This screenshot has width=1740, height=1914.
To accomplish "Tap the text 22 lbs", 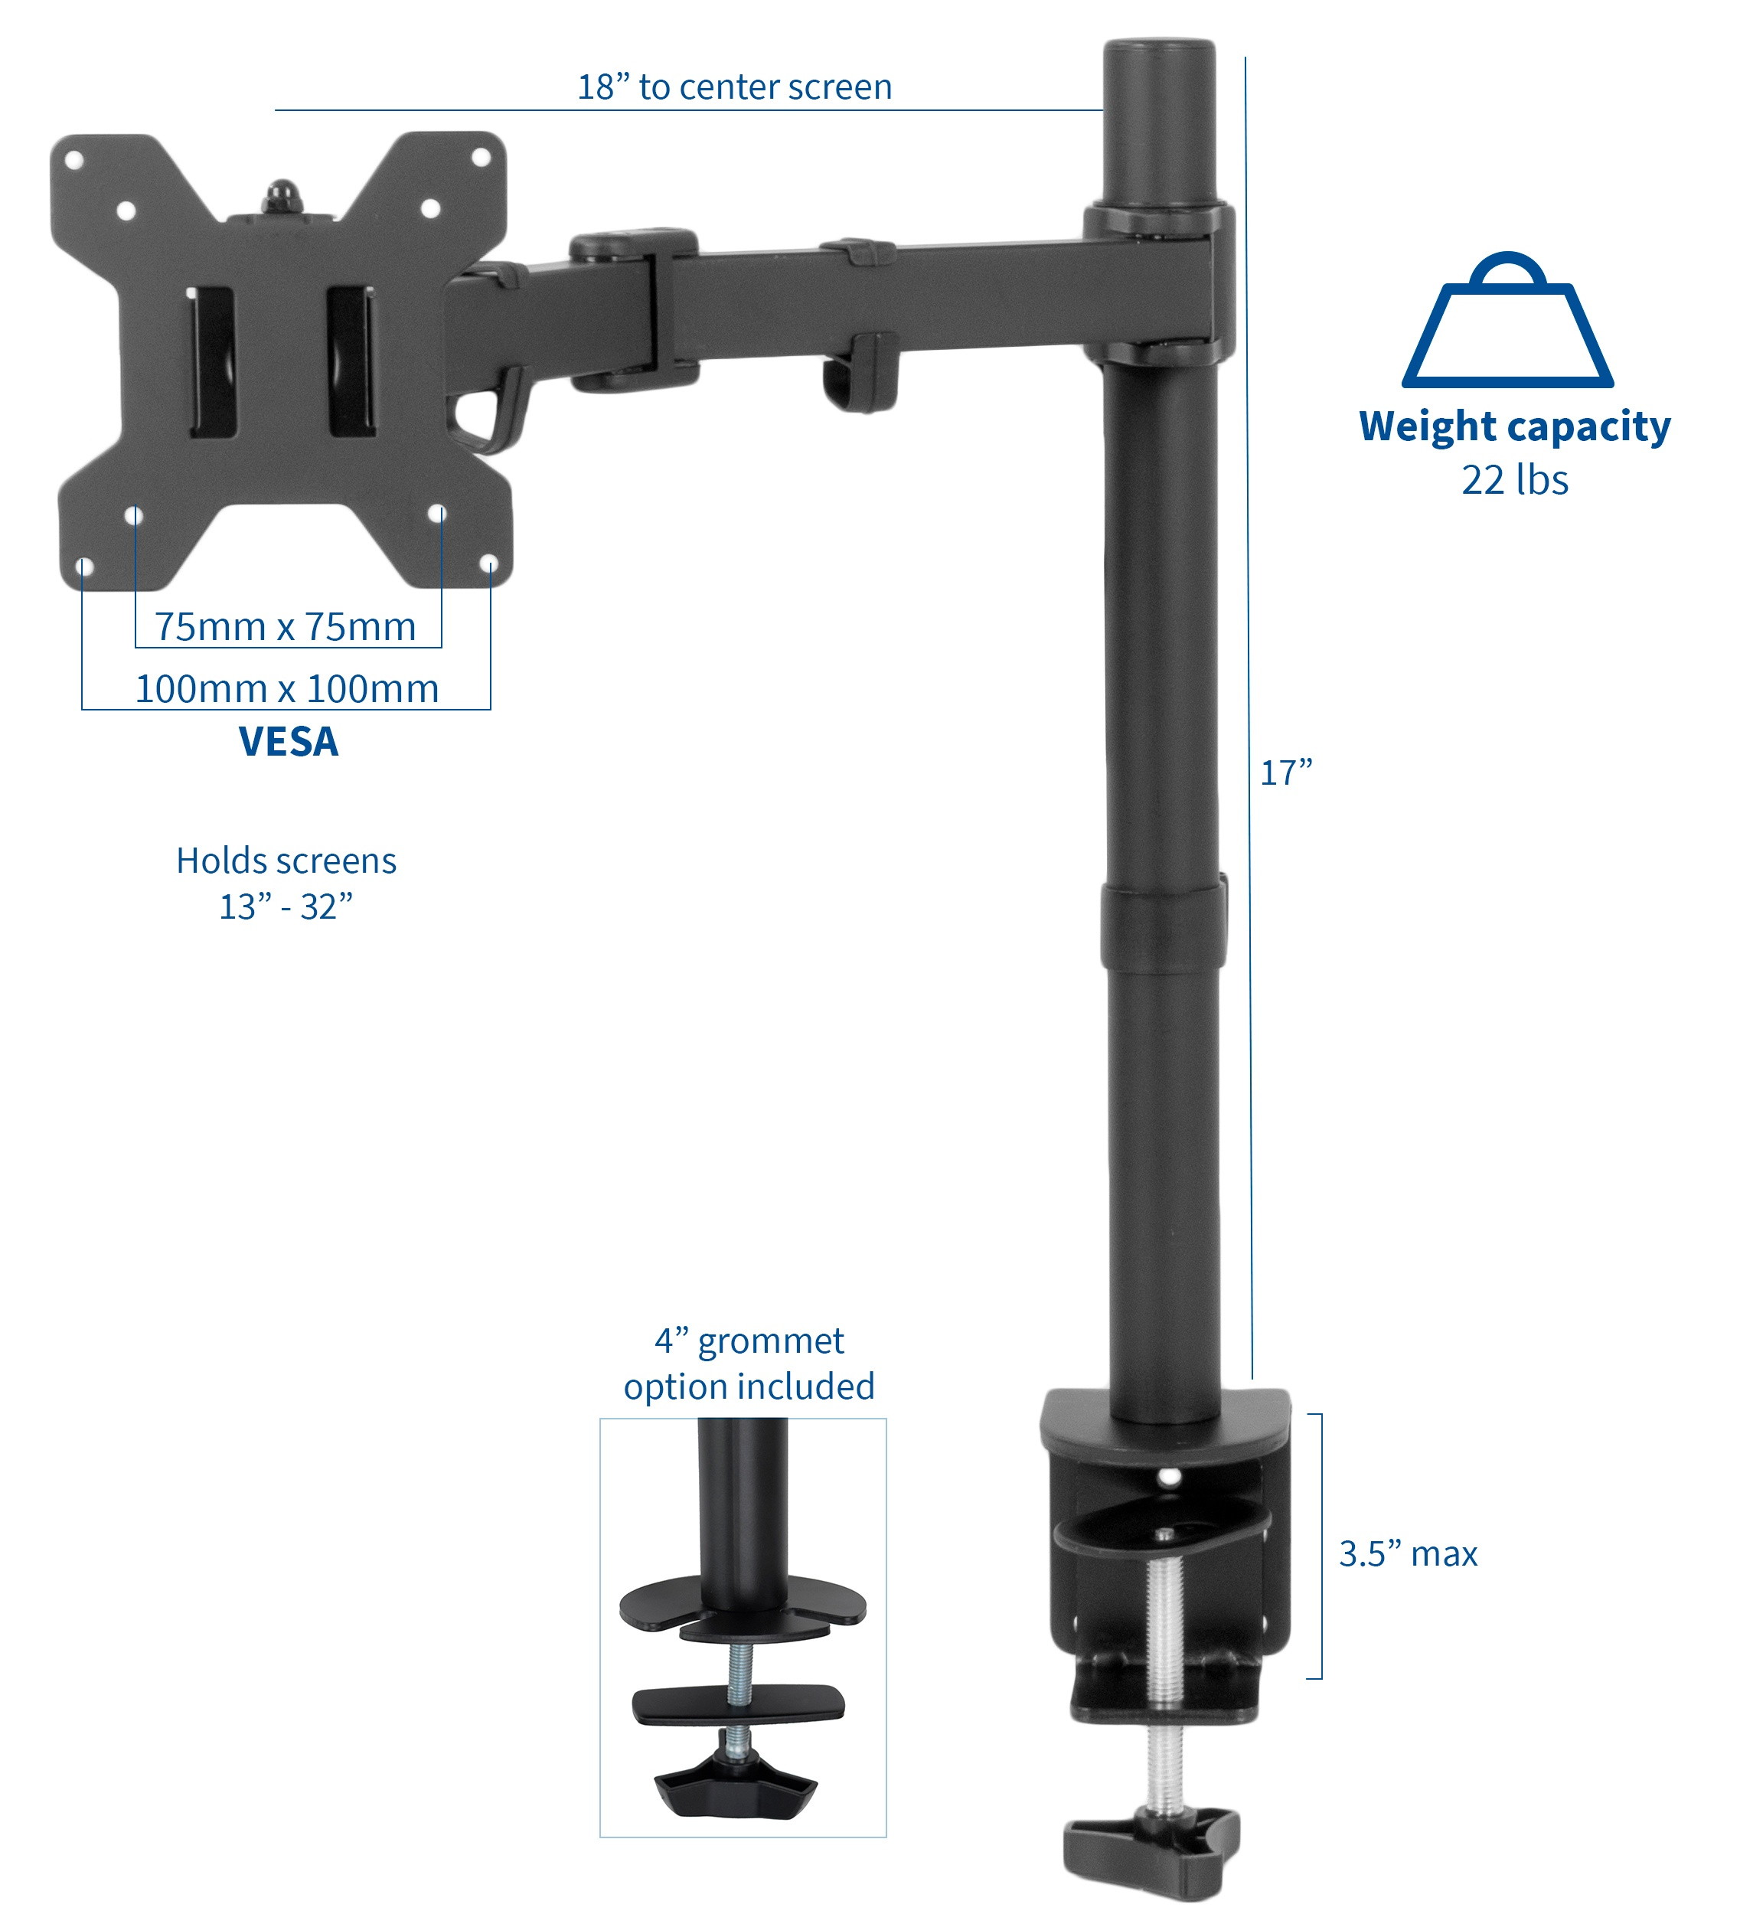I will coord(1514,480).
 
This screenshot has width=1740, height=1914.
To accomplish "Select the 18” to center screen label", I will coord(735,87).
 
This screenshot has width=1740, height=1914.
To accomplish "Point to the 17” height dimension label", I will coord(1285,772).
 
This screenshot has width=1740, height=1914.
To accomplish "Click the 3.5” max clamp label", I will coord(1408,1554).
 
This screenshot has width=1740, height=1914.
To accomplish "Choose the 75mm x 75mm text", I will coord(286,626).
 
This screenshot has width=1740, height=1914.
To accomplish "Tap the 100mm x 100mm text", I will coord(286,688).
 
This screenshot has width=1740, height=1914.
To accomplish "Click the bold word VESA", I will coord(288,742).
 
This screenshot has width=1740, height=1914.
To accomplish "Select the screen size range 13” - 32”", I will coord(286,906).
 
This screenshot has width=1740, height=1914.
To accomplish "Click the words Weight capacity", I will coord(1514,426).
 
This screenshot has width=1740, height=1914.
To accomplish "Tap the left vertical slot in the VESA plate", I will coord(212,363).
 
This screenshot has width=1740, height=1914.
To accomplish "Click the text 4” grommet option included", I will coord(749,1364).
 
